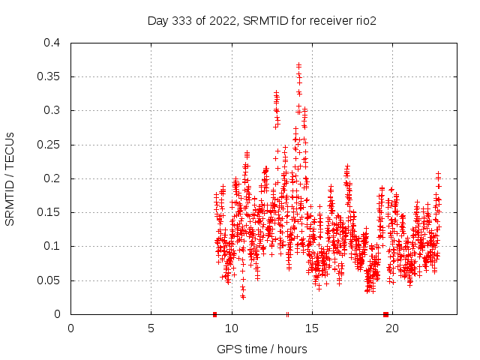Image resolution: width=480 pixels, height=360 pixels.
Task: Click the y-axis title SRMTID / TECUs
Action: pyautogui.click(x=10, y=178)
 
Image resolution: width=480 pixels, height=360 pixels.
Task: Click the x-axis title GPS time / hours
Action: pyautogui.click(x=262, y=349)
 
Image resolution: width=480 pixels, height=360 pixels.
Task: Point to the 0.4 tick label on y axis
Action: pyautogui.click(x=51, y=43)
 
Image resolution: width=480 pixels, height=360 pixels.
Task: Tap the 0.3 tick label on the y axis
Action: pyautogui.click(x=51, y=110)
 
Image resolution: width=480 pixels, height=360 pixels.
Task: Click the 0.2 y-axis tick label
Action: pyautogui.click(x=51, y=178)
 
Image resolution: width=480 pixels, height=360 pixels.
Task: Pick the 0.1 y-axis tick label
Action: pyautogui.click(x=51, y=246)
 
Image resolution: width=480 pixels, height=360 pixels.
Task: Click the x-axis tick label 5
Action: pyautogui.click(x=151, y=328)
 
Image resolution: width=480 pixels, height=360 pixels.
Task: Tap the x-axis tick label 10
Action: pyautogui.click(x=231, y=328)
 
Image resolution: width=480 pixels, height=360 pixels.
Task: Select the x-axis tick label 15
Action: pyautogui.click(x=311, y=328)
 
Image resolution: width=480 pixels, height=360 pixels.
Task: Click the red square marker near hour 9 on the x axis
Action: pyautogui.click(x=214, y=314)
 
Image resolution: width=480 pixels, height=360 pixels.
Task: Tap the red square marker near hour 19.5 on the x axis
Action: pyautogui.click(x=385, y=314)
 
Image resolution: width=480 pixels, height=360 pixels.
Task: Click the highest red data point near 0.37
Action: pyautogui.click(x=298, y=65)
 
